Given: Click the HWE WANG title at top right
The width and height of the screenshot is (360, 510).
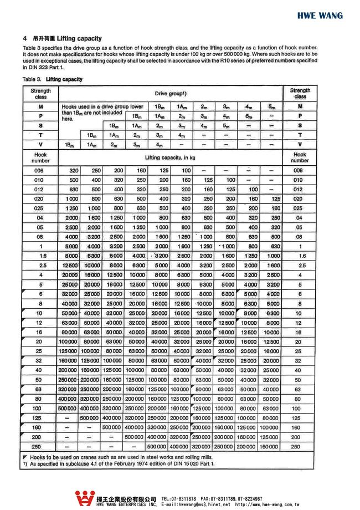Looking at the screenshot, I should [320, 16].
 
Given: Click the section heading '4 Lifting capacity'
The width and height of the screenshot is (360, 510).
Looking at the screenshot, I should [62, 38].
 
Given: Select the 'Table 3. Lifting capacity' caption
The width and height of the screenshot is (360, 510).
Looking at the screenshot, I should [53, 79].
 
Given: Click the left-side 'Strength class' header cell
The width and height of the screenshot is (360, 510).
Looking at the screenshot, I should [40, 93].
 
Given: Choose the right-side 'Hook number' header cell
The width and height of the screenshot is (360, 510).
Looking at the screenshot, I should [300, 157].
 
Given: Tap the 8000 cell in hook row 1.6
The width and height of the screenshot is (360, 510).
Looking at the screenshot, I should [70, 257].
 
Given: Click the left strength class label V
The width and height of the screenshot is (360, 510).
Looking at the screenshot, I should [40, 144].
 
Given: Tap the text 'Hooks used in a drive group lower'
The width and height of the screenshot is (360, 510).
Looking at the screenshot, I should [102, 106].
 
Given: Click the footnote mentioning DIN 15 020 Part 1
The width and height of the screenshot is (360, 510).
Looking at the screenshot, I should [119, 463].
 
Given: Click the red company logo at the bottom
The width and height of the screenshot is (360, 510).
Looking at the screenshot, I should [84, 498].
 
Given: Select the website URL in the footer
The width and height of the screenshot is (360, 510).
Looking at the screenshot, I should [267, 505].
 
